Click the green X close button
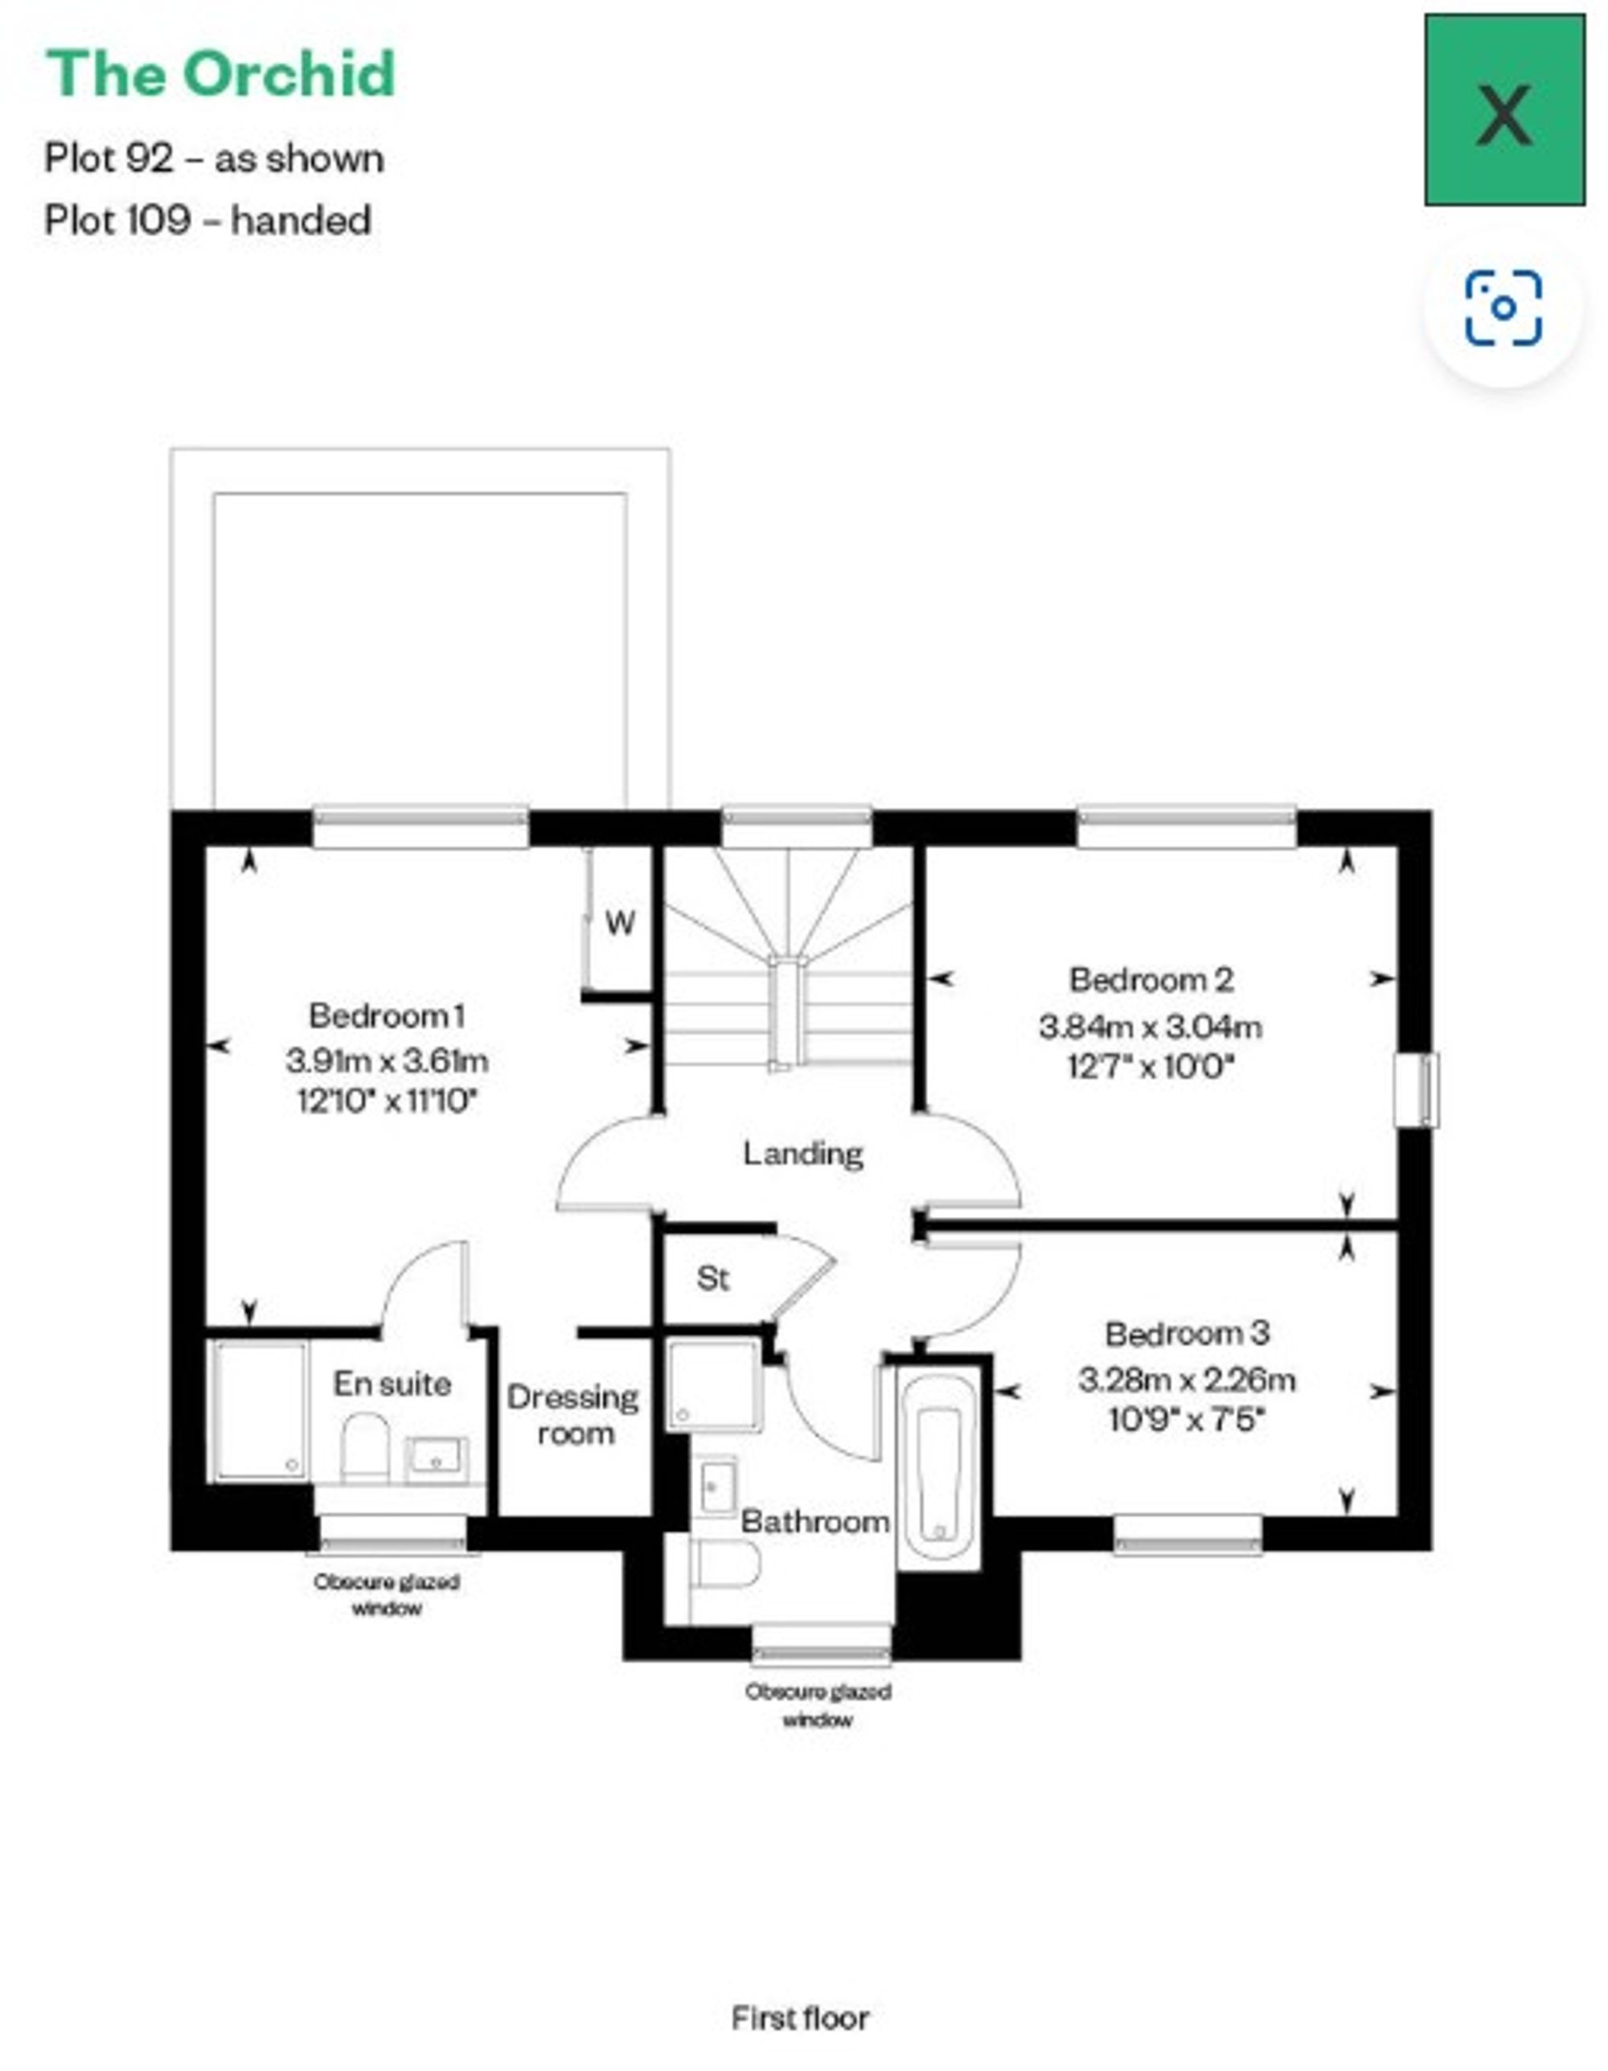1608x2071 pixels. click(1503, 110)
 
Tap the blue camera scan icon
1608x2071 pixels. click(1503, 308)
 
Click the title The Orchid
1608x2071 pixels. click(220, 74)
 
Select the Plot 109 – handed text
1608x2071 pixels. click(207, 221)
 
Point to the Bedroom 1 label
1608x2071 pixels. click(387, 1015)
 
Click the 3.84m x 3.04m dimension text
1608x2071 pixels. click(1150, 1026)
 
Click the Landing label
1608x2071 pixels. click(803, 1153)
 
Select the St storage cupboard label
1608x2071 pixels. click(713, 1278)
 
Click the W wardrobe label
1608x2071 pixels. click(620, 923)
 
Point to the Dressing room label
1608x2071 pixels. click(573, 1415)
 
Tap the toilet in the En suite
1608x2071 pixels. click(365, 1448)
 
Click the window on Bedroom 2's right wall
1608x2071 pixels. click(1417, 1089)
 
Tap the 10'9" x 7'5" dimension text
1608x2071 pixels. click(1186, 1420)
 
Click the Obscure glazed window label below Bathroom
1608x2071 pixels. click(818, 1704)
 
